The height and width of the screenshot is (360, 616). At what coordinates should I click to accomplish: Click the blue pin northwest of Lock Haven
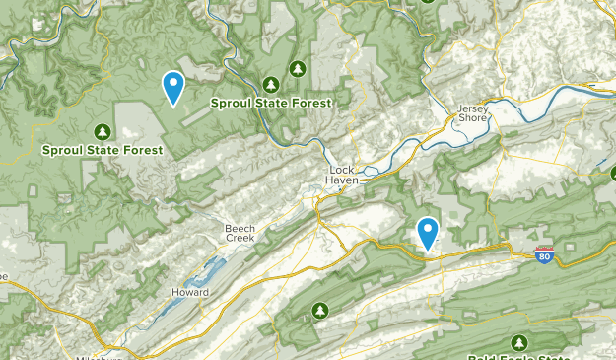[173, 88]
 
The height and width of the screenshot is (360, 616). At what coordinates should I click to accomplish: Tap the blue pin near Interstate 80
[428, 233]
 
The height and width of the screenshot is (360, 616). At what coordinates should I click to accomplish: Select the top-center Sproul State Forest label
[270, 102]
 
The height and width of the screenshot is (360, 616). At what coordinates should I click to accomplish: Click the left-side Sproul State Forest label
[102, 151]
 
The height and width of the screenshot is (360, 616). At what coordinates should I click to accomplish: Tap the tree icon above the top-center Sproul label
[298, 69]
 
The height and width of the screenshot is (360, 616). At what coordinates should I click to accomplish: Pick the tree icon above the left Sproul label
[102, 131]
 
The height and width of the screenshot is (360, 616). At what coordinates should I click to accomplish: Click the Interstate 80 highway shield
[544, 255]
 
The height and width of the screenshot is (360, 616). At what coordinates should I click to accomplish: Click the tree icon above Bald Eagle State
[518, 341]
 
